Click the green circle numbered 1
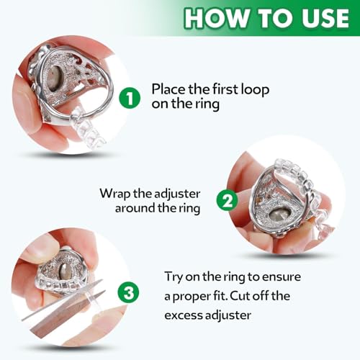coord(130,98)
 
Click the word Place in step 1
coord(168,89)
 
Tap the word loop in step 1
coord(258,89)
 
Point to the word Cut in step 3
coord(279,296)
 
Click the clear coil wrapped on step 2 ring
coord(306,198)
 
